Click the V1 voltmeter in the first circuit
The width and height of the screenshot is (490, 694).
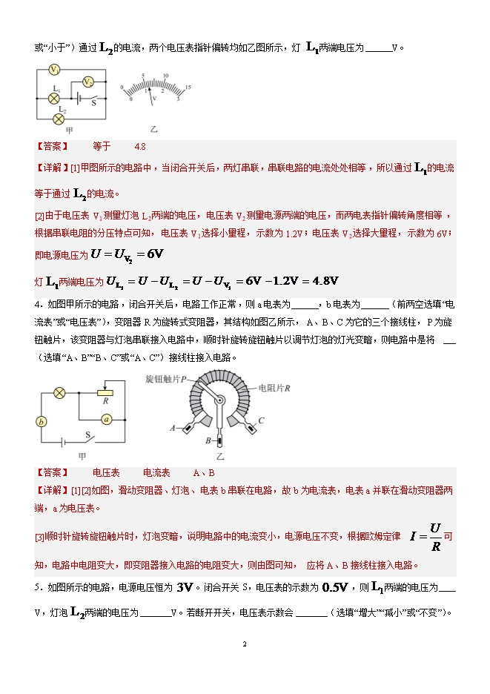(54, 70)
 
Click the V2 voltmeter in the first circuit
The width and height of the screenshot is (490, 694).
(87, 82)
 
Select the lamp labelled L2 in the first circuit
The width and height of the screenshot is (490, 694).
(59, 118)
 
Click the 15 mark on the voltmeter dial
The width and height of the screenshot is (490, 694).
(189, 87)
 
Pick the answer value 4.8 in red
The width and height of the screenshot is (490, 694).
(140, 146)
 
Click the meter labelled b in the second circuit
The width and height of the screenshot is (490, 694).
(42, 422)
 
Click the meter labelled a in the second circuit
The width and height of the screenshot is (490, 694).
(106, 420)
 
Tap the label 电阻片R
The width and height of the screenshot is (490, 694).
(275, 388)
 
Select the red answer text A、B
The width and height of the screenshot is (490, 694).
(203, 472)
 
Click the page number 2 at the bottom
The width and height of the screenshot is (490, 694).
(245, 644)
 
